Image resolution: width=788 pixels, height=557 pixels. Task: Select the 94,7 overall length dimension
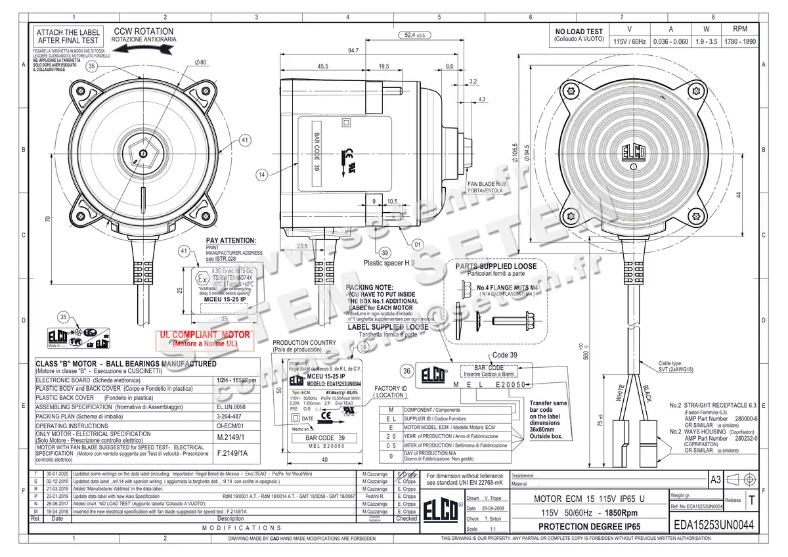pyautogui.click(x=353, y=51)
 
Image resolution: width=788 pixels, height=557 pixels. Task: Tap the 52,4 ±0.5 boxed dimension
pyautogui.click(x=412, y=35)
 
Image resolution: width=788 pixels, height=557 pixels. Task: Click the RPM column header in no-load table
pyautogui.click(x=739, y=30)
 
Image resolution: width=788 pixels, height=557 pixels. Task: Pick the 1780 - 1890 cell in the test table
pyautogui.click(x=739, y=41)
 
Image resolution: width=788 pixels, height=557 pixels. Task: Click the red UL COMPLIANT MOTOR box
pyautogui.click(x=204, y=338)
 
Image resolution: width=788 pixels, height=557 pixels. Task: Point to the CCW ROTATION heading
pyautogui.click(x=143, y=32)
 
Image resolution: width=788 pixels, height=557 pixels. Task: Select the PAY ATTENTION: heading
pyautogui.click(x=230, y=241)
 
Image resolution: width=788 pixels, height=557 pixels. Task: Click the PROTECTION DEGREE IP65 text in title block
pyautogui.click(x=588, y=526)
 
